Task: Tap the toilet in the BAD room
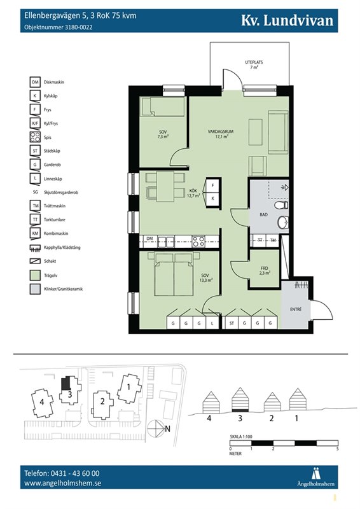[281, 205]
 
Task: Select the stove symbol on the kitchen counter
[198, 241]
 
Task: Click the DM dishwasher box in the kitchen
[149, 239]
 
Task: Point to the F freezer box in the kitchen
[212, 186]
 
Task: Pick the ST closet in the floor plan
[232, 323]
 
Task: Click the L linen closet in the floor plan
[212, 323]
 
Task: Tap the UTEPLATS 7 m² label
[254, 65]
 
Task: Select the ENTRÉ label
[295, 309]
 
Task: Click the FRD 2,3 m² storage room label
[265, 271]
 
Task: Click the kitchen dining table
[165, 186]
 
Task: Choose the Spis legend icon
[35, 137]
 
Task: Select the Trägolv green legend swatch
[35, 275]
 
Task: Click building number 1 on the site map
[128, 387]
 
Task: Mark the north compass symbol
[156, 429]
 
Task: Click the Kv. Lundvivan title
[287, 20]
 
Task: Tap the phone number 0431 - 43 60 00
[74, 473]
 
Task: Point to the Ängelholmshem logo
[315, 477]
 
